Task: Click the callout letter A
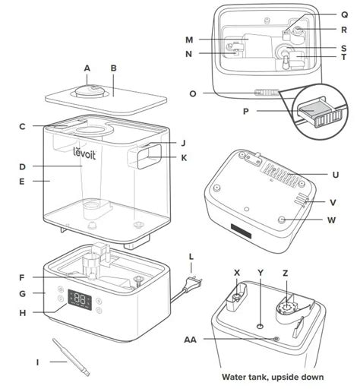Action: pyautogui.click(x=87, y=68)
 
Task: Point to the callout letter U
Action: pyautogui.click(x=335, y=175)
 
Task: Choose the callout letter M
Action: pyautogui.click(x=189, y=39)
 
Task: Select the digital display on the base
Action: pyautogui.click(x=81, y=299)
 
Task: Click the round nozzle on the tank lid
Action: pyautogui.click(x=90, y=91)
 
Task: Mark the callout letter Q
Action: pyautogui.click(x=344, y=14)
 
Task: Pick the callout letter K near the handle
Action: pyautogui.click(x=183, y=158)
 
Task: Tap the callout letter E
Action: pyautogui.click(x=22, y=182)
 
